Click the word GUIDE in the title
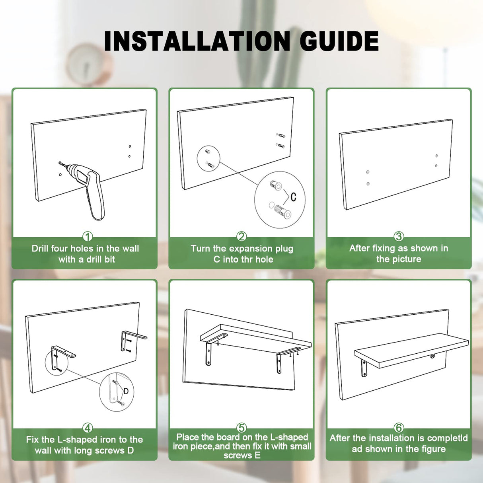click(x=339, y=41)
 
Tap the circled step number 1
click(x=88, y=236)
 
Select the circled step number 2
click(x=242, y=236)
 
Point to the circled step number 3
click(x=399, y=236)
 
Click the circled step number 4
click(x=88, y=428)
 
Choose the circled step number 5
click(x=242, y=428)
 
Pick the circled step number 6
click(x=399, y=428)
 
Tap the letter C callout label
click(x=293, y=197)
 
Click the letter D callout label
click(x=126, y=391)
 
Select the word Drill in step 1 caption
click(x=40, y=249)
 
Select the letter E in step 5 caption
click(x=257, y=455)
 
